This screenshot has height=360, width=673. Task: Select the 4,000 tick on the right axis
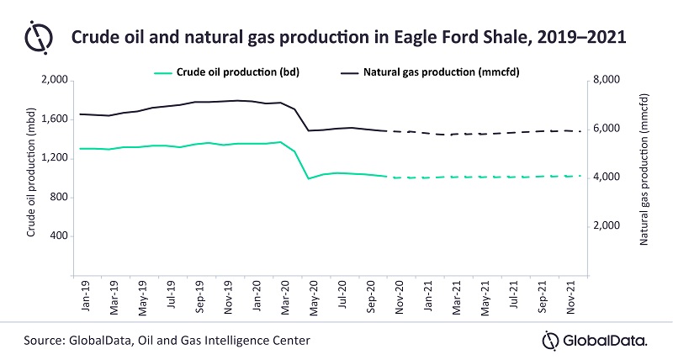[607, 177]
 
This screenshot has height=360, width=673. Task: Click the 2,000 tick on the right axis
[607, 226]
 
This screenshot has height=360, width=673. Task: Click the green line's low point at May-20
[309, 178]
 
